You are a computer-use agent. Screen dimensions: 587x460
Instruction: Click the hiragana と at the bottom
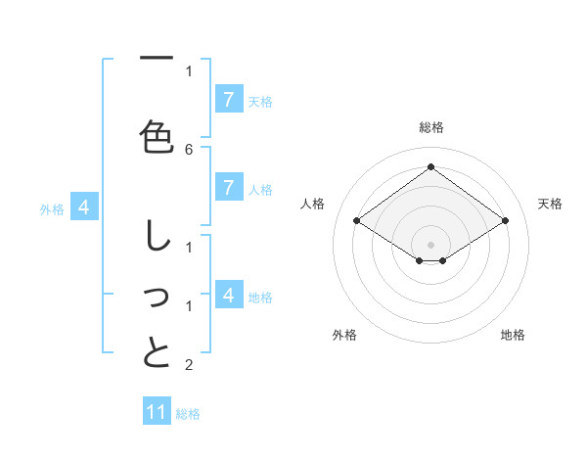pyautogui.click(x=157, y=353)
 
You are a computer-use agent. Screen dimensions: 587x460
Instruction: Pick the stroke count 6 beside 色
pyautogui.click(x=189, y=149)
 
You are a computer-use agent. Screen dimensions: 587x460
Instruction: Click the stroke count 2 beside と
pyautogui.click(x=189, y=366)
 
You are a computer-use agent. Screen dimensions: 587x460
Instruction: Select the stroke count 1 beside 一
pyautogui.click(x=189, y=70)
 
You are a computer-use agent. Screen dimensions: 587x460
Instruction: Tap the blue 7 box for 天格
pyautogui.click(x=228, y=99)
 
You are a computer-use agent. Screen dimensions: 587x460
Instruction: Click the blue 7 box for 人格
pyautogui.click(x=228, y=188)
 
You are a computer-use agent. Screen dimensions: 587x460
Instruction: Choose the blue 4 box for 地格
pyautogui.click(x=228, y=295)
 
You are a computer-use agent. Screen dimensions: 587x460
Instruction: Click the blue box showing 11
pyautogui.click(x=157, y=412)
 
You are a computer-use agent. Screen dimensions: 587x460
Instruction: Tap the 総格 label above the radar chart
pyautogui.click(x=431, y=127)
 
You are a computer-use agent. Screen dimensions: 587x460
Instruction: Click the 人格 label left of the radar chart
pyautogui.click(x=313, y=204)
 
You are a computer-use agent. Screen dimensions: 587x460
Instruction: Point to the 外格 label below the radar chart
pyautogui.click(x=344, y=335)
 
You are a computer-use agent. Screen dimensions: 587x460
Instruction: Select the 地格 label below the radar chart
pyautogui.click(x=513, y=335)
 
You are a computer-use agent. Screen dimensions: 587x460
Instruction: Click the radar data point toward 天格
pyautogui.click(x=505, y=221)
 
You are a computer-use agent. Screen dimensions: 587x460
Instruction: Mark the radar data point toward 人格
pyautogui.click(x=357, y=221)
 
